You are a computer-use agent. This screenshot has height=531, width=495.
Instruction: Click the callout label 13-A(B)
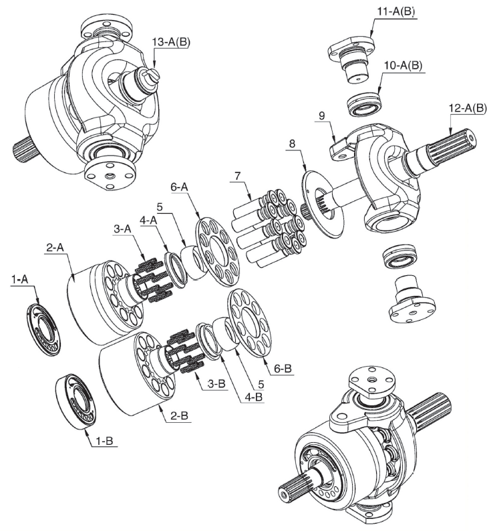171,42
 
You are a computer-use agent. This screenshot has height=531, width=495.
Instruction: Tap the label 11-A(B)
396,11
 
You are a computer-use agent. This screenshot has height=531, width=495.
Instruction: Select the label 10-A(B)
403,65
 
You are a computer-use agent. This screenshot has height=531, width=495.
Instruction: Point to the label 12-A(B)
468,108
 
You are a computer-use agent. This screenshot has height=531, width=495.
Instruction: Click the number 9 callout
321,116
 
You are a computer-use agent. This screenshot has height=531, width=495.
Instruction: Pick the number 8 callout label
292,144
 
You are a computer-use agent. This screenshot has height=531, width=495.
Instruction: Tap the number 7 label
237,176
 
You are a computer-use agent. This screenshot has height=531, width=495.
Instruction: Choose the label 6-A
179,186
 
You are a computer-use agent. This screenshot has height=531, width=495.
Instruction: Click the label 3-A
122,229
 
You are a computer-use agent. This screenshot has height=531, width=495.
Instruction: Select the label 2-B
179,415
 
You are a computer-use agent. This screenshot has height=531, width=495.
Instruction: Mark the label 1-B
104,441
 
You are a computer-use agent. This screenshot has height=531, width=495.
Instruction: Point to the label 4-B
253,397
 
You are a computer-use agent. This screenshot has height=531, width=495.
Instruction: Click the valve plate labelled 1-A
44,329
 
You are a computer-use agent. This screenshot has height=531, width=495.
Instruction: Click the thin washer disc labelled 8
323,205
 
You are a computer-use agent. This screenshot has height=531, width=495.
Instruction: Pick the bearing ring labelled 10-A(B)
365,104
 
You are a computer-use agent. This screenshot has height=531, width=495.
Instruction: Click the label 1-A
19,280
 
